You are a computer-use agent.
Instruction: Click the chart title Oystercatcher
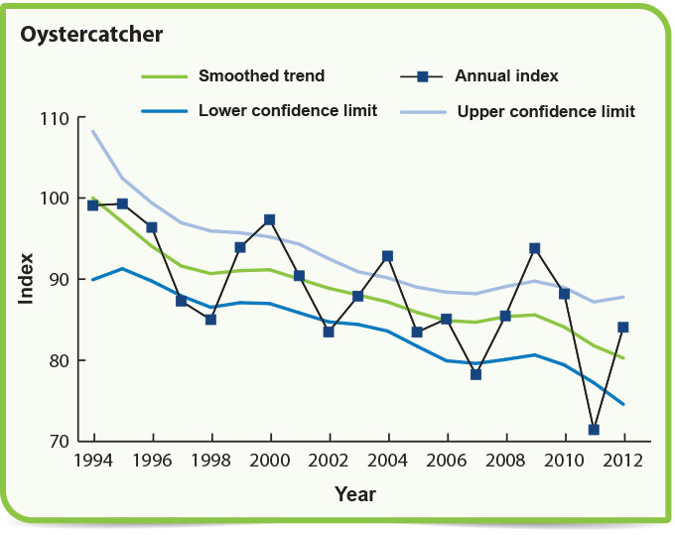91,35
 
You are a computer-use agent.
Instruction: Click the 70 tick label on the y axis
59,441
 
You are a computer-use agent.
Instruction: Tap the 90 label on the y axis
59,280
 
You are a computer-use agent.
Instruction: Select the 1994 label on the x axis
94,462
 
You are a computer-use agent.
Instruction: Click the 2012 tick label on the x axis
624,462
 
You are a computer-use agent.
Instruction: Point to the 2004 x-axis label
388,462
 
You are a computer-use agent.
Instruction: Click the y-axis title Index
27,280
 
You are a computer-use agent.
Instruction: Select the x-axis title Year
355,493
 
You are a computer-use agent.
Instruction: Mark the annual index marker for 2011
595,430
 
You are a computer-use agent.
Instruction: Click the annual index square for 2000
269,219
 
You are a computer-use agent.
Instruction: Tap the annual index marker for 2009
535,248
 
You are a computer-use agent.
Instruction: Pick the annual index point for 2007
475,374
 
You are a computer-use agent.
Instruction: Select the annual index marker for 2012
623,327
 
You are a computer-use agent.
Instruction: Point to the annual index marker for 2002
329,332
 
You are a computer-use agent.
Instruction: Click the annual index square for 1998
210,320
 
